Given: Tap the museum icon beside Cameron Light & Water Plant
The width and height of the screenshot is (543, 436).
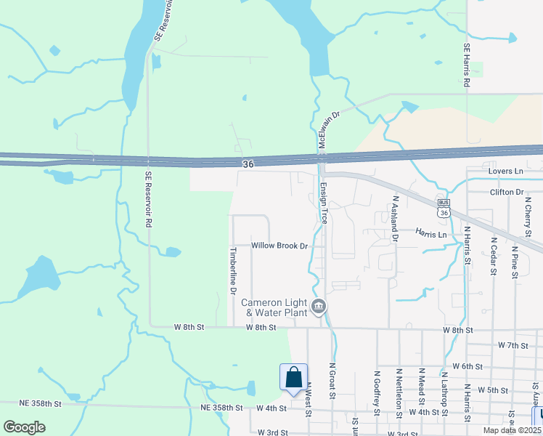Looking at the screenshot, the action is click(x=319, y=307).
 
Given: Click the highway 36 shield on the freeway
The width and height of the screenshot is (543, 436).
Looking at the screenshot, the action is click(x=248, y=165).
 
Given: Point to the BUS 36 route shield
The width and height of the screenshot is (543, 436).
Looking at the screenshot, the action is click(x=443, y=208).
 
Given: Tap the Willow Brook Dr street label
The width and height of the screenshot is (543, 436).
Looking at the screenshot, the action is click(x=280, y=246).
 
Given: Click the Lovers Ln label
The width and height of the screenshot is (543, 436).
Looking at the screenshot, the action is click(x=506, y=171).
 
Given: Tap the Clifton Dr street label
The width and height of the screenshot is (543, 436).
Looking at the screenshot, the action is click(x=507, y=192).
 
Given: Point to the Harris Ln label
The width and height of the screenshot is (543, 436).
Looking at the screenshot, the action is click(x=431, y=234).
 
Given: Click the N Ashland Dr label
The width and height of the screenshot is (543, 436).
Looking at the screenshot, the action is click(x=396, y=217).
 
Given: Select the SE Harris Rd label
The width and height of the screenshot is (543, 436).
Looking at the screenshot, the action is click(x=467, y=66).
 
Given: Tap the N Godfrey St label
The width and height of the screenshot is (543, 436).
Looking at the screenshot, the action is click(x=377, y=392).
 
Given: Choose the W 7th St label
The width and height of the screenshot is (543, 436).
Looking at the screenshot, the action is click(x=513, y=344).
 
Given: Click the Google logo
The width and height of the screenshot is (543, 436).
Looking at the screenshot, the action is click(x=24, y=427).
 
